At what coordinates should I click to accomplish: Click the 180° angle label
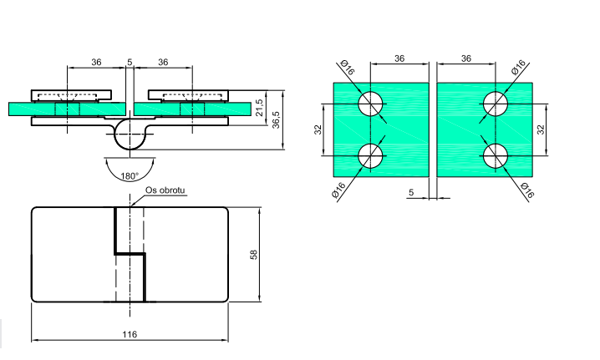tap(130, 176)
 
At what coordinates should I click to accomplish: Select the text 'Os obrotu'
tap(165, 190)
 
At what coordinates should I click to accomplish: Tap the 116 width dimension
tap(130, 334)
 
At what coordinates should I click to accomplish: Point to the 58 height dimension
tap(254, 255)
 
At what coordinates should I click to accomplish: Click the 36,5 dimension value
tap(276, 120)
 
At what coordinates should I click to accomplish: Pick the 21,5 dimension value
tap(260, 108)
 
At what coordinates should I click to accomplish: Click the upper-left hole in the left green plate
tap(370, 104)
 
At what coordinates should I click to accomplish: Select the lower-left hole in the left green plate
tap(370, 155)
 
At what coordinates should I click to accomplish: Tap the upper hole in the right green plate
tap(496, 104)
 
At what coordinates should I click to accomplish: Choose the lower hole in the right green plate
tap(496, 155)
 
